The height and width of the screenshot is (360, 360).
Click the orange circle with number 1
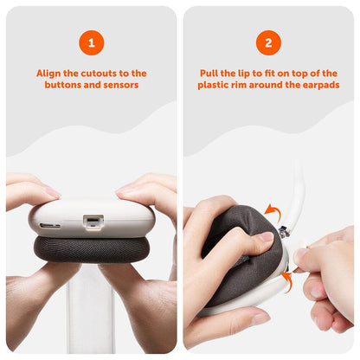pyautogui.click(x=91, y=42)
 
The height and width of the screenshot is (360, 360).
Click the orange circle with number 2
pyautogui.click(x=268, y=42)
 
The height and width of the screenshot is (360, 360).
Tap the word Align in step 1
pyautogui.click(x=49, y=74)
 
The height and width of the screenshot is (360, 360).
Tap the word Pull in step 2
pyautogui.click(x=209, y=74)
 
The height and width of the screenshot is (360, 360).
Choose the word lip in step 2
pyautogui.click(x=245, y=74)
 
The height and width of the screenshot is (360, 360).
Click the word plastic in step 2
pyautogui.click(x=215, y=86)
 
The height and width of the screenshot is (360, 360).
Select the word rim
pyautogui.click(x=245, y=86)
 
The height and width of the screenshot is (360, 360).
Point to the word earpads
pyautogui.click(x=318, y=86)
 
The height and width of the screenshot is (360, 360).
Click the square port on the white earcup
pyautogui.click(x=89, y=222)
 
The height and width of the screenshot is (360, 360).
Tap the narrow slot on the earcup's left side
pyautogui.click(x=50, y=226)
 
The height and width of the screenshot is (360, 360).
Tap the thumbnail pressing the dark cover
pyautogui.click(x=264, y=236)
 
